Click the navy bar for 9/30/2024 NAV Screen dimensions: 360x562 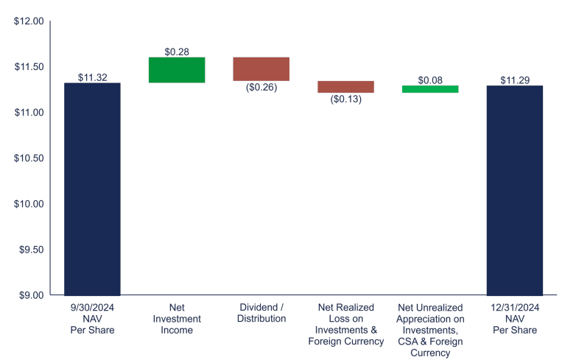pos(92,188)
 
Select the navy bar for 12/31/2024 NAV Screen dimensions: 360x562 pos(514,190)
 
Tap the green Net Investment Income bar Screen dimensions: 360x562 pos(177,70)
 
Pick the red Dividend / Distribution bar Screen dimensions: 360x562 pos(261,68)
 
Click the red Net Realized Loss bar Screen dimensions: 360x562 pos(345,87)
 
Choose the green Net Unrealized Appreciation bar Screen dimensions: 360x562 pos(429,89)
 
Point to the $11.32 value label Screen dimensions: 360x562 pos(92,77)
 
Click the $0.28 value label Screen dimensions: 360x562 pos(177,52)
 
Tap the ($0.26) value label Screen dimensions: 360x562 pos(261,87)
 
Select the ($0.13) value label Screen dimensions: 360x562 pos(345,99)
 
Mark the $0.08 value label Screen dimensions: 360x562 pos(429,80)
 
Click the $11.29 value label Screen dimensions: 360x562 pos(514,80)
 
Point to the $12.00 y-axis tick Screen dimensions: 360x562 pos(29,21)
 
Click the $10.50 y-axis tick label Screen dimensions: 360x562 pos(29,158)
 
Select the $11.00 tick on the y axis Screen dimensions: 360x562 pos(29,113)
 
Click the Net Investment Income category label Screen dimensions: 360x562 pos(177,319)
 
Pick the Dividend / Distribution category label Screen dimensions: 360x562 pos(261,313)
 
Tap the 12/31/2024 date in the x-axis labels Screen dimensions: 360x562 pos(514,307)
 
